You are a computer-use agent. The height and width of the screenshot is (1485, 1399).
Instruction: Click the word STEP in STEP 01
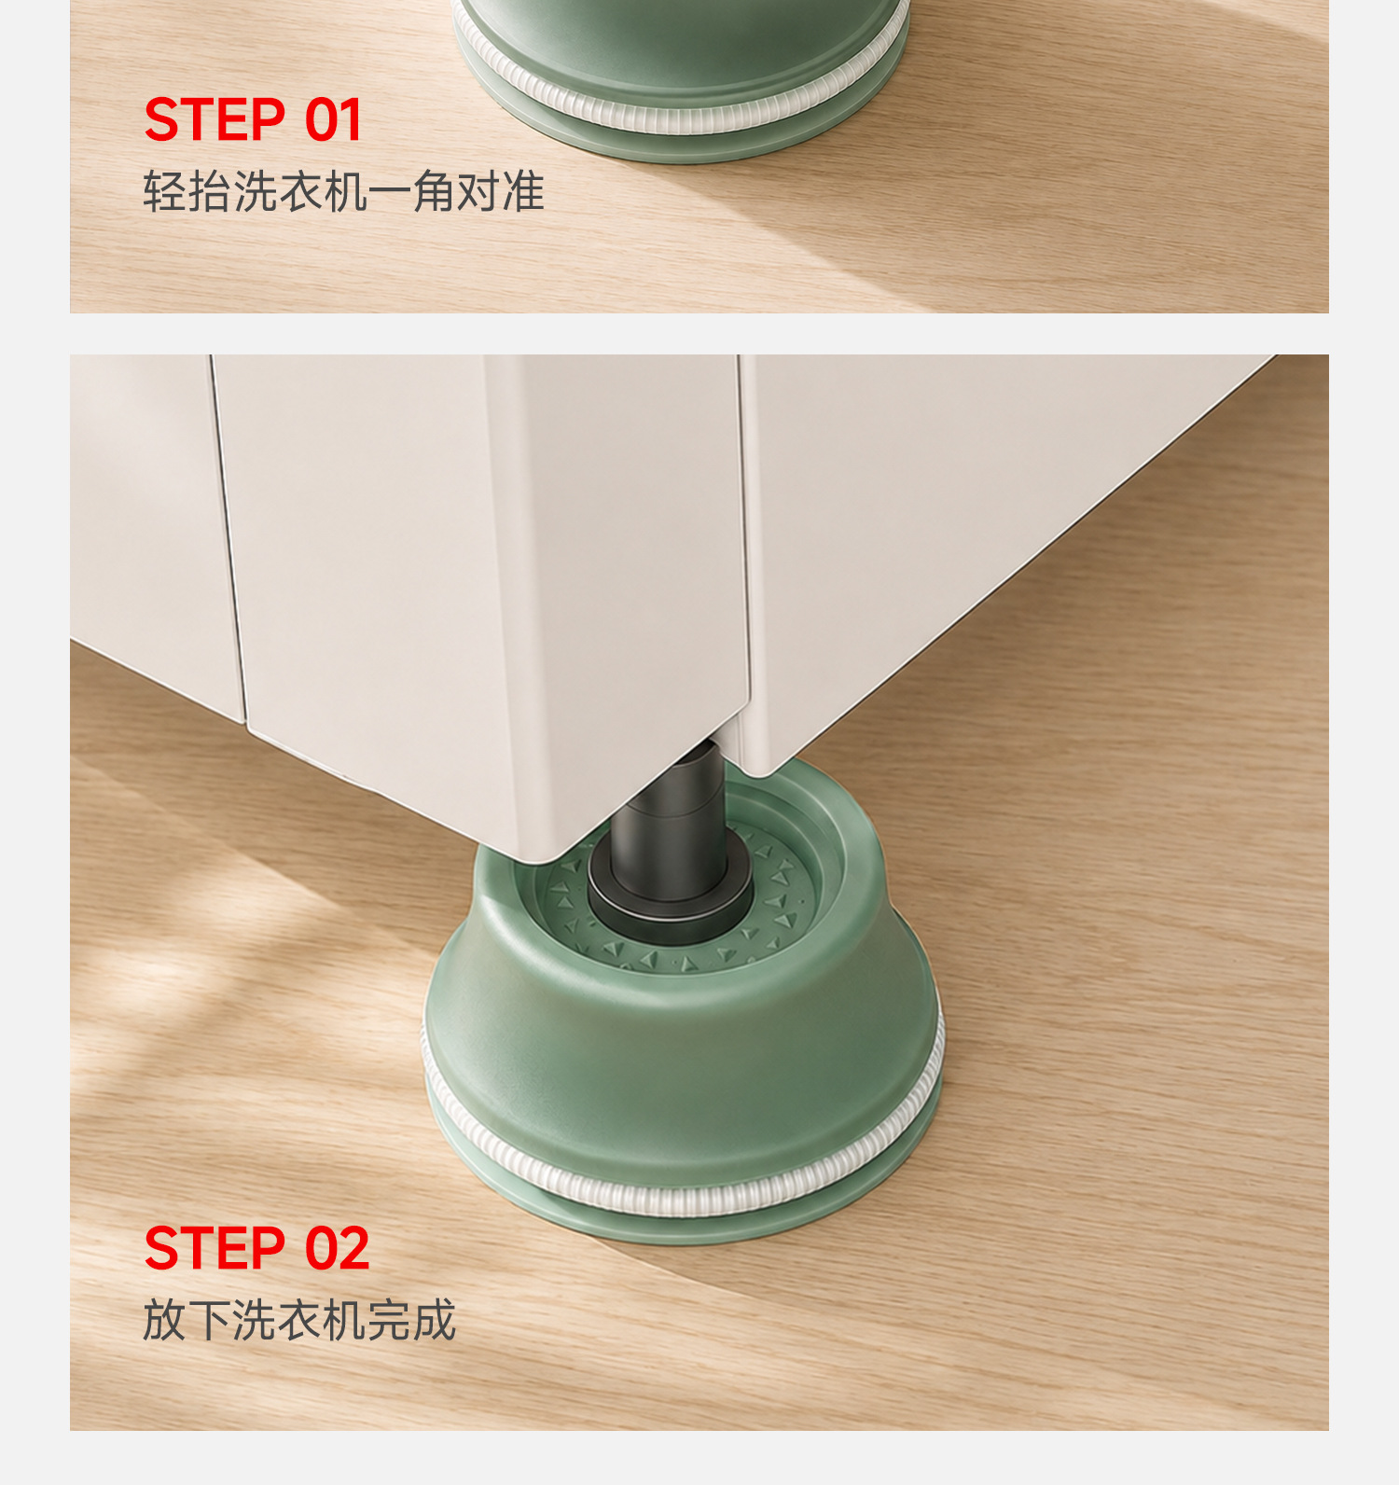[215, 120]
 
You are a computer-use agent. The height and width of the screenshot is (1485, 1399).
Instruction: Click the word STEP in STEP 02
[215, 1248]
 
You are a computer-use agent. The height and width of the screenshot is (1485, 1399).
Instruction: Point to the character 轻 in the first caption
[165, 192]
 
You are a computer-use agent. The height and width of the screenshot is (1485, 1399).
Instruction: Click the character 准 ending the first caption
[523, 192]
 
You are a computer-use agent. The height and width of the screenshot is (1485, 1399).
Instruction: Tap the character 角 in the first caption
[434, 192]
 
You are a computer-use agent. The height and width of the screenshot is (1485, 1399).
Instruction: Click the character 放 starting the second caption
[165, 1320]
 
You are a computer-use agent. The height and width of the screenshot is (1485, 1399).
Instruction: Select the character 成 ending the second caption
[434, 1320]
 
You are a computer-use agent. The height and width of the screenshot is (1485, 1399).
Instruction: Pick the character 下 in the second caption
[210, 1320]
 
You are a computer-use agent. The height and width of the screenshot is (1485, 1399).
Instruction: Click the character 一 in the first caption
[389, 192]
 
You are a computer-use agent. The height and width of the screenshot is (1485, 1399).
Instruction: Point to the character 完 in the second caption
[389, 1320]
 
